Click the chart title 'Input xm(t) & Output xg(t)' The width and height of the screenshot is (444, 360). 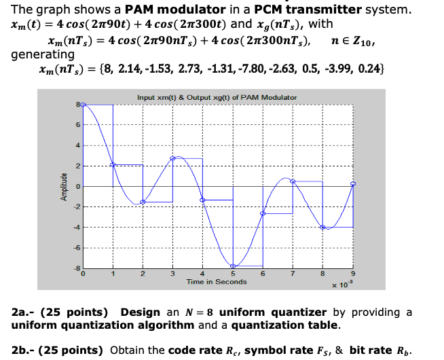(217, 98)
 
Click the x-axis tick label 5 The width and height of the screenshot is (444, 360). (233, 274)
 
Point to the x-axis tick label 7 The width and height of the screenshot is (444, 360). (293, 274)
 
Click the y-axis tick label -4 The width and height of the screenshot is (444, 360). (77, 228)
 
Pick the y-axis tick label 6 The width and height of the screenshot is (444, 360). (79, 125)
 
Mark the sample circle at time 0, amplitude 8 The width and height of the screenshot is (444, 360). (84, 105)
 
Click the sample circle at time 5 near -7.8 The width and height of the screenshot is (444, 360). (233, 266)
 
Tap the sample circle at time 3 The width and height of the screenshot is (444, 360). (173, 158)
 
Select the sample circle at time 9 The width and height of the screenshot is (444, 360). (352, 183)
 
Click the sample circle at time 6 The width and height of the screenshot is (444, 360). (263, 213)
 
